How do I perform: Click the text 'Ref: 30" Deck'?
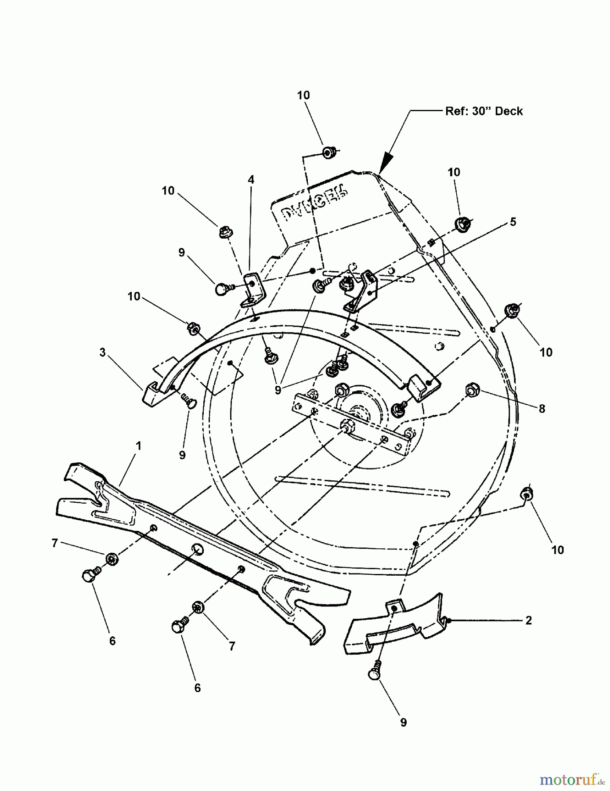(x=484, y=111)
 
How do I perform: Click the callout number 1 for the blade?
(x=138, y=446)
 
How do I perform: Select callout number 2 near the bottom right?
(x=528, y=620)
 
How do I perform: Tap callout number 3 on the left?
(x=102, y=352)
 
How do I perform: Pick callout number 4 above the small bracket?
(x=251, y=180)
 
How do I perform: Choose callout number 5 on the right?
(x=513, y=222)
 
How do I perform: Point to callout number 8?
(x=542, y=409)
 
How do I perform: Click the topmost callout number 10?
(x=303, y=95)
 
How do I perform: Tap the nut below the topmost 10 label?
(x=328, y=152)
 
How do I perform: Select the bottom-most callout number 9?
(x=403, y=722)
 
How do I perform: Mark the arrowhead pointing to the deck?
(x=385, y=163)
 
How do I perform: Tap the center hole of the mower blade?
(x=197, y=549)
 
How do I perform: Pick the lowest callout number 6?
(x=197, y=688)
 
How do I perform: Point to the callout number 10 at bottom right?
(x=557, y=550)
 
